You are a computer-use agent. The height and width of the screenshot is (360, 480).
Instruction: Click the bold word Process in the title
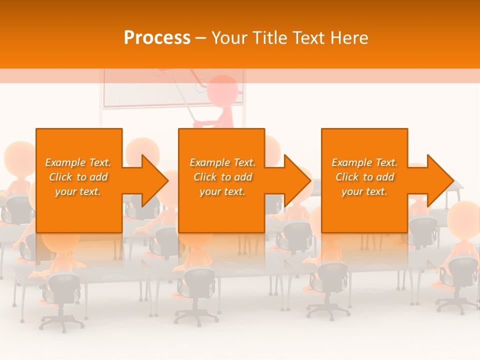click(157, 38)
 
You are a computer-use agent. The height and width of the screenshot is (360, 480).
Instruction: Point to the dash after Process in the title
click(200, 38)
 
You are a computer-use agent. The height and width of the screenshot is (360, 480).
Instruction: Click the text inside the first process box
click(78, 177)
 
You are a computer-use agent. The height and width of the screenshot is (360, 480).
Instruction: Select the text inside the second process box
click(222, 177)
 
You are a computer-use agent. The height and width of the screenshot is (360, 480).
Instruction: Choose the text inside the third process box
click(364, 177)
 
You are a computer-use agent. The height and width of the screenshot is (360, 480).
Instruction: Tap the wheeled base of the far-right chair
click(457, 302)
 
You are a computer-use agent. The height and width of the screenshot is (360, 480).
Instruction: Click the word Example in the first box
click(65, 162)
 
